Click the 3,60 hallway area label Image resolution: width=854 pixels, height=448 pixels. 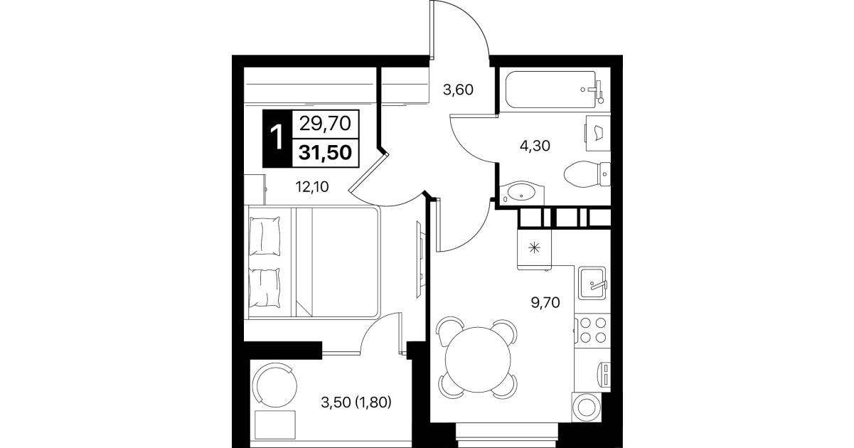(x=458, y=90)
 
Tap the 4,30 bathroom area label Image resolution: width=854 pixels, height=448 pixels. (x=535, y=146)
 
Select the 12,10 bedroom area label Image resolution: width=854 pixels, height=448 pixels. (x=312, y=187)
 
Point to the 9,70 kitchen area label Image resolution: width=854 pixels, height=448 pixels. (x=545, y=303)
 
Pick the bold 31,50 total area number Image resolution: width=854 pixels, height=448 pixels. (x=325, y=153)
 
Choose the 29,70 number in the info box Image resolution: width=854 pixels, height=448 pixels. (x=325, y=124)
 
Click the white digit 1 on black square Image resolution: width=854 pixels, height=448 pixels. (x=277, y=138)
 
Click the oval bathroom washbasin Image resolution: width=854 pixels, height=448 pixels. (x=521, y=193)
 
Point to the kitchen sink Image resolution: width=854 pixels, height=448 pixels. (x=592, y=283)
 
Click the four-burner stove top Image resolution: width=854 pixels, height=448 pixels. (x=592, y=330)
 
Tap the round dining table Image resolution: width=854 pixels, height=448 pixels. (x=478, y=359)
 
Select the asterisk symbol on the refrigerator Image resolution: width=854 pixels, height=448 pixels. (x=535, y=248)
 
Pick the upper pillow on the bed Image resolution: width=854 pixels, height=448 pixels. (x=265, y=236)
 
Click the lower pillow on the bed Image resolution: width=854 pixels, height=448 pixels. (x=265, y=288)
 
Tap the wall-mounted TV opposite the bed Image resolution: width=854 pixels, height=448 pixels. (x=420, y=260)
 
